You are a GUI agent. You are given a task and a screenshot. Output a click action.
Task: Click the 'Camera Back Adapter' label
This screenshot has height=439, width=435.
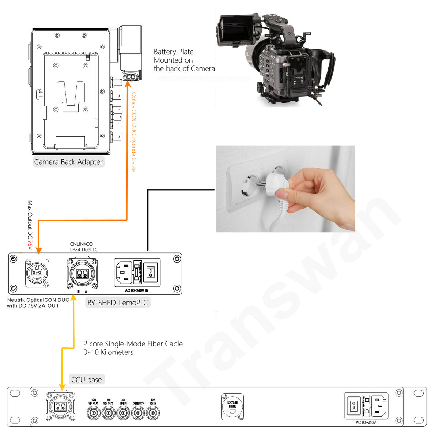[68, 162]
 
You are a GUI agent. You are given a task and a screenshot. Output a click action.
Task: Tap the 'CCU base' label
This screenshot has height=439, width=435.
[87, 379]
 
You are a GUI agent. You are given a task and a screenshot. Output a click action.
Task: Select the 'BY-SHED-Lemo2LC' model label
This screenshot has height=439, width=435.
[117, 303]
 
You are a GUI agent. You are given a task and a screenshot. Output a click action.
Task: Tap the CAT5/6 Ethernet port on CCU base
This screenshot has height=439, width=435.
[232, 407]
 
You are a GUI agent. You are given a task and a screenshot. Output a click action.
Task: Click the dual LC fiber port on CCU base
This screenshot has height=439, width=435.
[61, 407]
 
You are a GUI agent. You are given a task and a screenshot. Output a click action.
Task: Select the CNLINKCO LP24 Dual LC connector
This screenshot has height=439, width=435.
[82, 273]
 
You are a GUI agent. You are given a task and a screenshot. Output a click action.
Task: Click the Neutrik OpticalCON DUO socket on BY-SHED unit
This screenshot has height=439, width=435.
[37, 273]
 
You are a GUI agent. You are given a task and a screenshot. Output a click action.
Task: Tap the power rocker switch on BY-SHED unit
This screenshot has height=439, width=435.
[150, 272]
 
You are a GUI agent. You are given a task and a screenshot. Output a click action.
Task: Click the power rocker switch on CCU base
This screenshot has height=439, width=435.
[353, 406]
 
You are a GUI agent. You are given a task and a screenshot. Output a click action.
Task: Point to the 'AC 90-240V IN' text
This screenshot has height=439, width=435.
[136, 290]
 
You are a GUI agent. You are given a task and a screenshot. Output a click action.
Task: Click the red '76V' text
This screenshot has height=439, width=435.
[30, 245]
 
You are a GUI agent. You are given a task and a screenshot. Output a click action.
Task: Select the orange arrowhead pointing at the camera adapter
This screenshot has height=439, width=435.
[128, 84]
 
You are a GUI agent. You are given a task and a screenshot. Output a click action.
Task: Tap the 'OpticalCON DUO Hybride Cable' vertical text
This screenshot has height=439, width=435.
[134, 132]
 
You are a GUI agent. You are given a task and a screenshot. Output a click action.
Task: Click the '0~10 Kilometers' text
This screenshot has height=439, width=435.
[108, 352]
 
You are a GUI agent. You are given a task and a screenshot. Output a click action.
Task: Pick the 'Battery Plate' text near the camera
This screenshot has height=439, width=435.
[174, 52]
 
